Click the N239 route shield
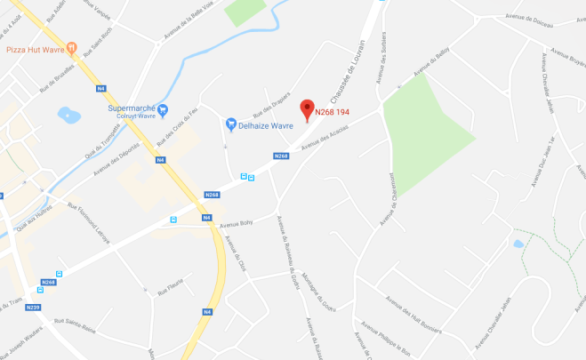pyautogui.click(x=33, y=308)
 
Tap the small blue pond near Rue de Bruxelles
pyautogui.click(x=66, y=115)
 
